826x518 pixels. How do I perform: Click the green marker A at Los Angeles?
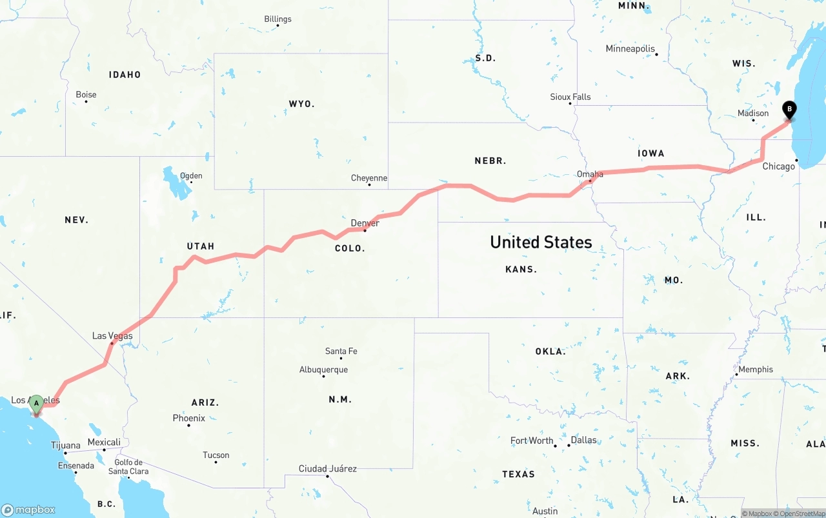point(37,404)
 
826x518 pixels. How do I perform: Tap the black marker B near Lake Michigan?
point(789,110)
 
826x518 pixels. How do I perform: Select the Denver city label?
point(365,223)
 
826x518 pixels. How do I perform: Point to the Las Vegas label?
point(112,335)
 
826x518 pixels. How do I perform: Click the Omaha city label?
point(590,174)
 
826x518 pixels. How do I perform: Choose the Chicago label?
point(779,166)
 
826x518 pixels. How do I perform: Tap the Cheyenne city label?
point(369,178)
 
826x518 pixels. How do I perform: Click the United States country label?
point(541,242)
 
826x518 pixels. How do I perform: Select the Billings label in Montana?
point(277,19)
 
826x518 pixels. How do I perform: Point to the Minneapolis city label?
point(630,48)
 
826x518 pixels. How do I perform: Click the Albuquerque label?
point(323,370)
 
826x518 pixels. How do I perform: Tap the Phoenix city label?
point(188,418)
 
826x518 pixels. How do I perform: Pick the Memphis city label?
point(755,370)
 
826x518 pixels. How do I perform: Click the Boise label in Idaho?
point(86,94)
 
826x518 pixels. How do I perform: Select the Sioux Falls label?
point(570,97)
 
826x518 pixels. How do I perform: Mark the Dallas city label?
point(583,440)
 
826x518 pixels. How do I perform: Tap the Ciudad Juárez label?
point(327,468)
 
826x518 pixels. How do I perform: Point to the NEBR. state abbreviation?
point(490,161)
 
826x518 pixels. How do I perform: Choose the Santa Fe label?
point(341,351)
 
